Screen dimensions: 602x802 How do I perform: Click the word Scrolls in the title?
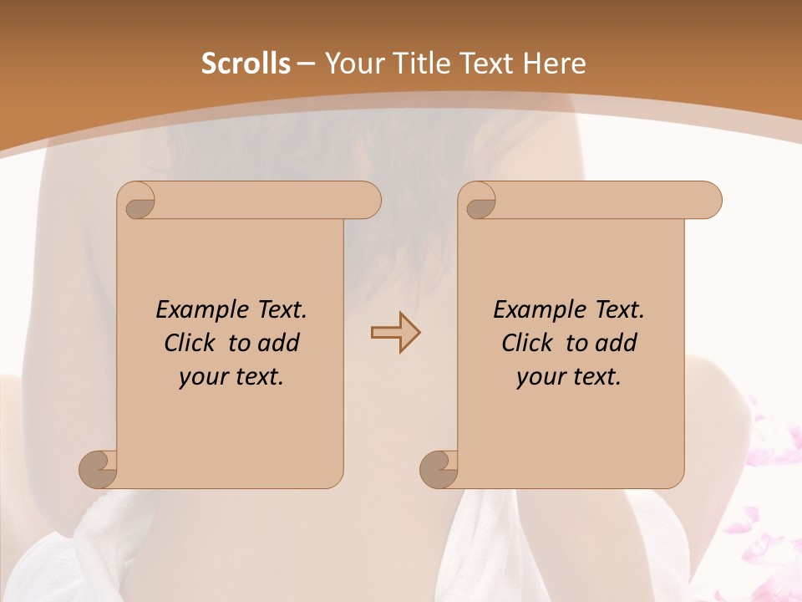coord(246,64)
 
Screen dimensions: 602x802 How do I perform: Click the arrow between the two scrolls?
coord(395,333)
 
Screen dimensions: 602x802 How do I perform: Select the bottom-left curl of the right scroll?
coord(440,469)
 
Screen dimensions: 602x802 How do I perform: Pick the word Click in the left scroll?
coord(192,343)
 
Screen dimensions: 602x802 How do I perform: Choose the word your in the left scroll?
coord(202,377)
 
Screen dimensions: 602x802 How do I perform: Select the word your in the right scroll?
coord(540,377)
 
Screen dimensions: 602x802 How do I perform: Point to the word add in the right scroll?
coord(617,343)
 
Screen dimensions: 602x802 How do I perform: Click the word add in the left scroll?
coord(280,343)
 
